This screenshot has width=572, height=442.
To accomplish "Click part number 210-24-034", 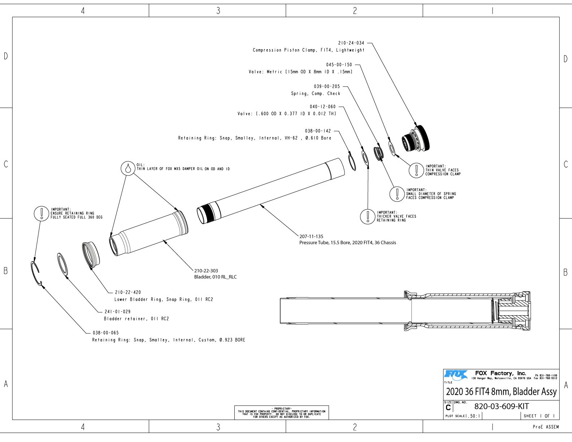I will (x=351, y=43).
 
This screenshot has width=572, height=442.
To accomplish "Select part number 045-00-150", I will (x=339, y=65).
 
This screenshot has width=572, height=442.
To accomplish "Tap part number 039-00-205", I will (x=327, y=86).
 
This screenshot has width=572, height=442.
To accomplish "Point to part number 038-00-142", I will (x=318, y=131).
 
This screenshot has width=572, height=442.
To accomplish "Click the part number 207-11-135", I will (x=311, y=237).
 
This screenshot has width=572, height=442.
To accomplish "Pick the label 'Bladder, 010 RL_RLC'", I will (x=215, y=277).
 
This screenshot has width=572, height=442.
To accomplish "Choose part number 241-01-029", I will (x=117, y=311).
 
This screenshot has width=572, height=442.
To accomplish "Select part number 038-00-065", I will (x=105, y=333).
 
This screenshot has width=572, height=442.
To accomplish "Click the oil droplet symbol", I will (x=127, y=168).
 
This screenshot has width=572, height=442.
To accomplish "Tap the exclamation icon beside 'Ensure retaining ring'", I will (x=42, y=213).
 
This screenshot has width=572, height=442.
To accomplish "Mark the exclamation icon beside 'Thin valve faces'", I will (x=416, y=170).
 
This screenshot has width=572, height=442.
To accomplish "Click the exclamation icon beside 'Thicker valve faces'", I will (x=368, y=216).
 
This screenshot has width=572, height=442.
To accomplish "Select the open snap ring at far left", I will (x=36, y=273).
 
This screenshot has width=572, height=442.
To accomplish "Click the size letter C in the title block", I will (x=448, y=408).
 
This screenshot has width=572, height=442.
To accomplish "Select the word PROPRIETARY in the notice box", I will (x=281, y=408).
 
